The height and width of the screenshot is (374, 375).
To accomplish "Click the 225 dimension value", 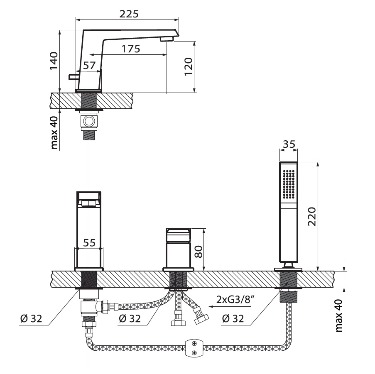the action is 129,14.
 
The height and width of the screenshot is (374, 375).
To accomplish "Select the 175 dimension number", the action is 131,49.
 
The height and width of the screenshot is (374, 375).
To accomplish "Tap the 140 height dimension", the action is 54,61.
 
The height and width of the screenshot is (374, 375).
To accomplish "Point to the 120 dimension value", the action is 188,66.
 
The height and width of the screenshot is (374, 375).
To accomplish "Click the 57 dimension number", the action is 89,65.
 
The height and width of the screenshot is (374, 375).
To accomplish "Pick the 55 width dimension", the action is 89,242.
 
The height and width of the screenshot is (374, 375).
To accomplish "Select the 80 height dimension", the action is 198,252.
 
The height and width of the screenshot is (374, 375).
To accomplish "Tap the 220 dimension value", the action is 311,217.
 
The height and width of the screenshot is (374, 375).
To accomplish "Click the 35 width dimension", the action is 289,144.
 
